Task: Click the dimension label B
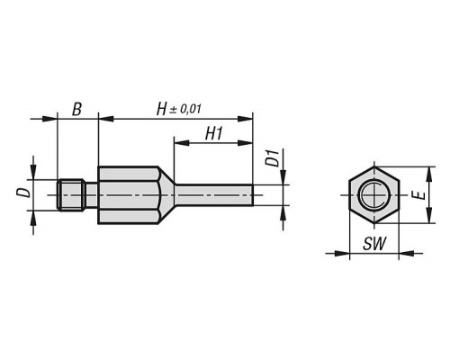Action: click(x=76, y=109)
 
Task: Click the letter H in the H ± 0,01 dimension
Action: click(x=161, y=109)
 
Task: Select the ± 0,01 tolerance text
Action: click(x=185, y=109)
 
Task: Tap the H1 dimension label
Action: click(x=214, y=133)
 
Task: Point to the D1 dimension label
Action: click(x=273, y=158)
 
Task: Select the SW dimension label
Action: click(x=374, y=243)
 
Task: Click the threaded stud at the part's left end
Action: click(x=70, y=195)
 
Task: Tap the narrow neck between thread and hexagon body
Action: click(x=91, y=195)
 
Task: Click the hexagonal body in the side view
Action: click(x=129, y=195)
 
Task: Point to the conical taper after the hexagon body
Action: click(x=166, y=195)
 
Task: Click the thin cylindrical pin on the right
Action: click(x=214, y=195)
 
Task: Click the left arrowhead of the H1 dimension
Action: click(x=181, y=143)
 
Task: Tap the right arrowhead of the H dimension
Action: click(x=246, y=119)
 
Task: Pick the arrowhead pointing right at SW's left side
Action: click(x=342, y=254)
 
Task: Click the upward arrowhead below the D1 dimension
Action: click(x=283, y=213)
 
